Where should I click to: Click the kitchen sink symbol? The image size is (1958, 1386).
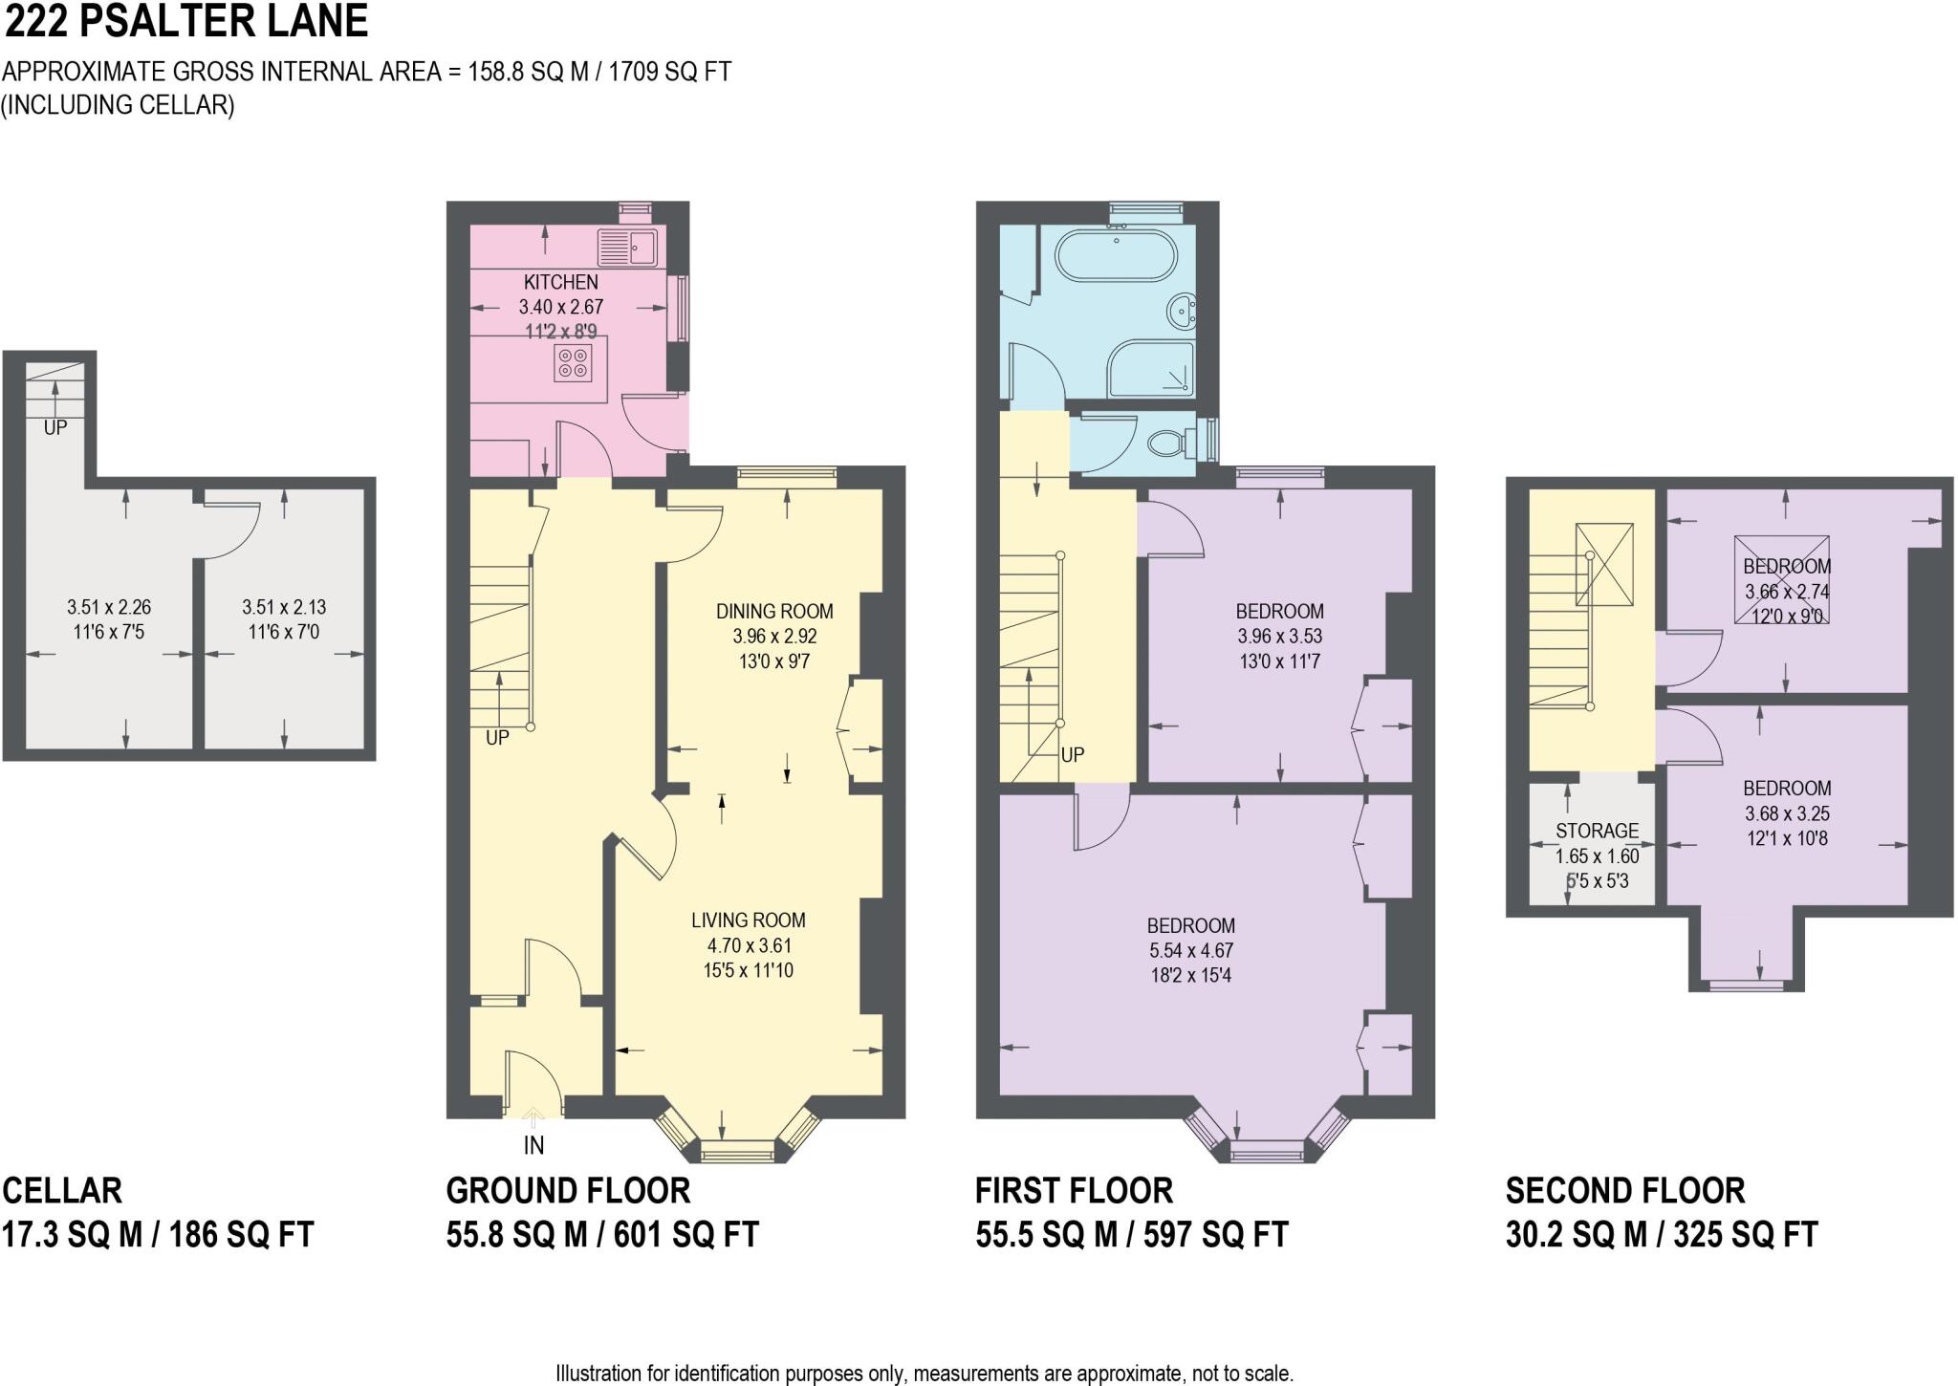click(627, 247)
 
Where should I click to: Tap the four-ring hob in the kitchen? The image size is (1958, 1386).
click(573, 362)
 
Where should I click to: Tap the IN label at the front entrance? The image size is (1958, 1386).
click(533, 1144)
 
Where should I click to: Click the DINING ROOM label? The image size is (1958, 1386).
click(774, 611)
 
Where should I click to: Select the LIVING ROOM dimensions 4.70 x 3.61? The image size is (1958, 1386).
click(749, 945)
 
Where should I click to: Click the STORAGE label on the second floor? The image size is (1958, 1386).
click(1597, 831)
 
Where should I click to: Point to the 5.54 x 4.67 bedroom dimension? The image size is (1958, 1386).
click(1190, 950)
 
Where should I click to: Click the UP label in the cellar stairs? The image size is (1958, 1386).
click(55, 428)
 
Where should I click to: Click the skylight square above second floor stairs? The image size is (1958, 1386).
click(1604, 564)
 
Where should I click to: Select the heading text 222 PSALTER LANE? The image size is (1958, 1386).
click(186, 22)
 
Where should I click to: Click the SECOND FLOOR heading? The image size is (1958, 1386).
click(1624, 1190)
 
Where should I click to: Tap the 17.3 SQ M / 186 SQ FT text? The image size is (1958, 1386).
click(158, 1234)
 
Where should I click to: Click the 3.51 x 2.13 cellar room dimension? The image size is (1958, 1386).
click(284, 607)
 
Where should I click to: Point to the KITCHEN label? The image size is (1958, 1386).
click(561, 282)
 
